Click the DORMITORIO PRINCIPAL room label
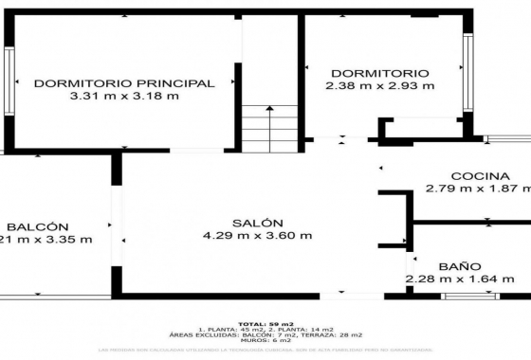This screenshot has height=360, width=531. click(x=123, y=82)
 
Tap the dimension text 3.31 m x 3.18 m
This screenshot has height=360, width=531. click(x=123, y=96)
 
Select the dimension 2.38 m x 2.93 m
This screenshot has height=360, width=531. click(x=379, y=86)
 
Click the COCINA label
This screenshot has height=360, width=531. click(x=481, y=175)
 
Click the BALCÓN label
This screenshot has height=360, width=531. click(x=36, y=226)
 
